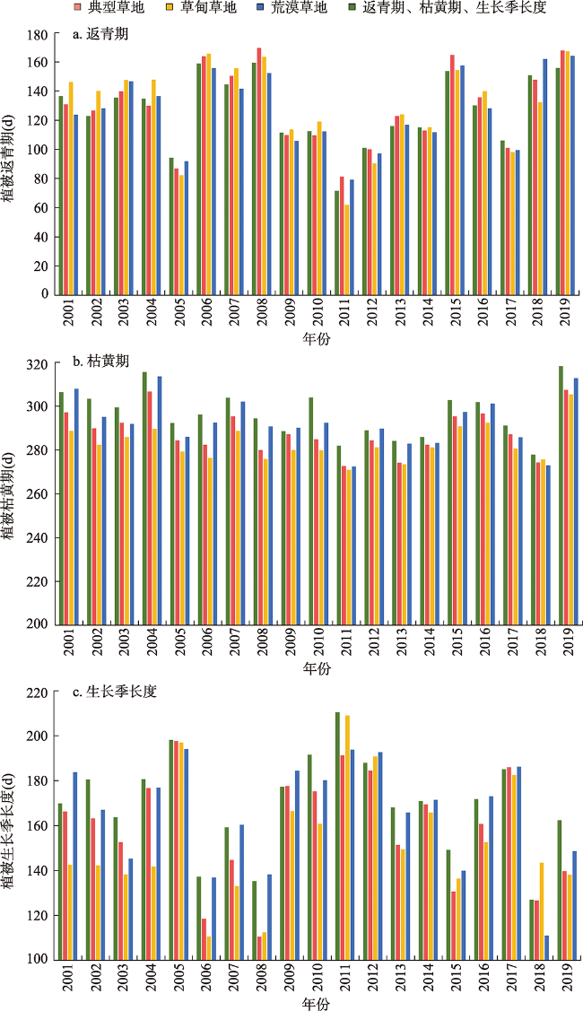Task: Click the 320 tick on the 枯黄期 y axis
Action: pos(36,365)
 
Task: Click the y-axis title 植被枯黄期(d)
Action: pos(11,496)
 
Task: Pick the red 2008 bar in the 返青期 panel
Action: pos(258,170)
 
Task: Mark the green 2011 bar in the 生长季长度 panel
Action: pos(337,835)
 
